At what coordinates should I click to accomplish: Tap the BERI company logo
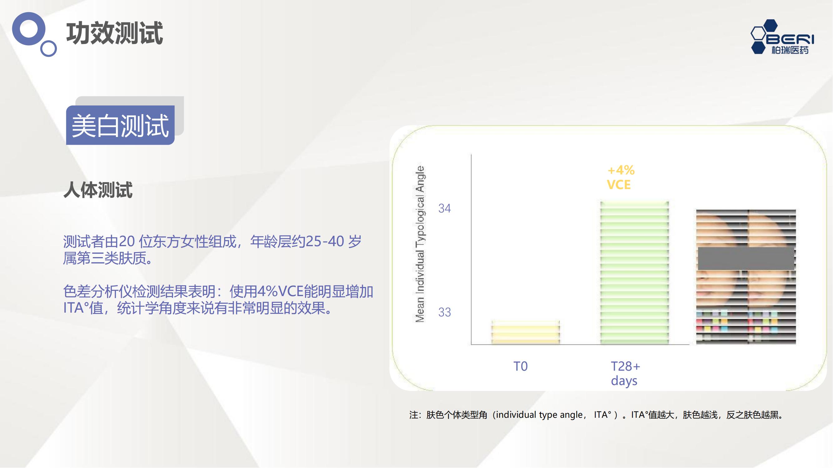click(x=782, y=37)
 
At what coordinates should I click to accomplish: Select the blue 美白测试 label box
click(x=120, y=125)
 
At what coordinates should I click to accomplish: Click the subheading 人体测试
click(x=98, y=190)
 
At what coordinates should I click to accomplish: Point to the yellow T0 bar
click(x=525, y=332)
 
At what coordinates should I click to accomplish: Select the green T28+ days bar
click(x=634, y=273)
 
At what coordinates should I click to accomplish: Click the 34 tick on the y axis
click(x=444, y=208)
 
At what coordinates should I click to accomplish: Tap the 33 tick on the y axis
click(x=444, y=312)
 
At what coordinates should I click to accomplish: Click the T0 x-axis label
click(x=521, y=366)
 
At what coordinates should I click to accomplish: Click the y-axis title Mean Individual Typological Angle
click(x=420, y=244)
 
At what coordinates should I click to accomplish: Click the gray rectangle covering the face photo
click(x=746, y=259)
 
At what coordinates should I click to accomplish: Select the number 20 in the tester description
click(x=127, y=241)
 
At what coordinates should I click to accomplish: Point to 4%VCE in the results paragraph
click(x=280, y=292)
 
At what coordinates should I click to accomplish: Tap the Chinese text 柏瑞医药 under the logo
click(x=790, y=50)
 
